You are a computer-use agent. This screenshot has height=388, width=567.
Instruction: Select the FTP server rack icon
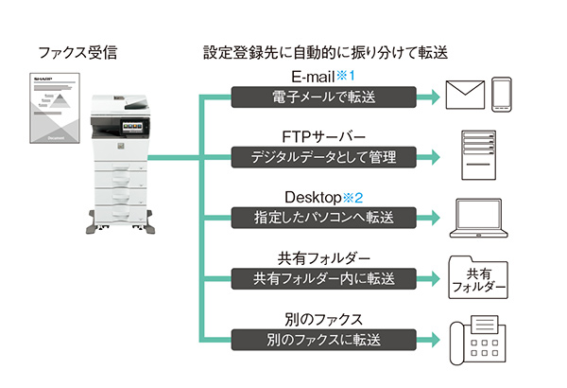point(481,153)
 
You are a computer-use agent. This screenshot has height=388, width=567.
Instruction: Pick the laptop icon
point(481,217)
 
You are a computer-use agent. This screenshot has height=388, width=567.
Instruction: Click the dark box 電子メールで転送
point(323,96)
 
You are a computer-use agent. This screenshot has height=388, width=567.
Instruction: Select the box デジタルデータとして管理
point(323,156)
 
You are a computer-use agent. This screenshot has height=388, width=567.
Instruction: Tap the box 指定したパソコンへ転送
point(323,218)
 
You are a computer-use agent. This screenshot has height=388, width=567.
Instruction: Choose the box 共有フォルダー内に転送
point(323,278)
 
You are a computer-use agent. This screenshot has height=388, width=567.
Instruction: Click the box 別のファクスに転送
point(323,339)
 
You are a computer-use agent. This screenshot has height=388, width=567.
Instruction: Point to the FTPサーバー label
point(323,135)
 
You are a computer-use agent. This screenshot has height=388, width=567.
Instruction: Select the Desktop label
point(312,197)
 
